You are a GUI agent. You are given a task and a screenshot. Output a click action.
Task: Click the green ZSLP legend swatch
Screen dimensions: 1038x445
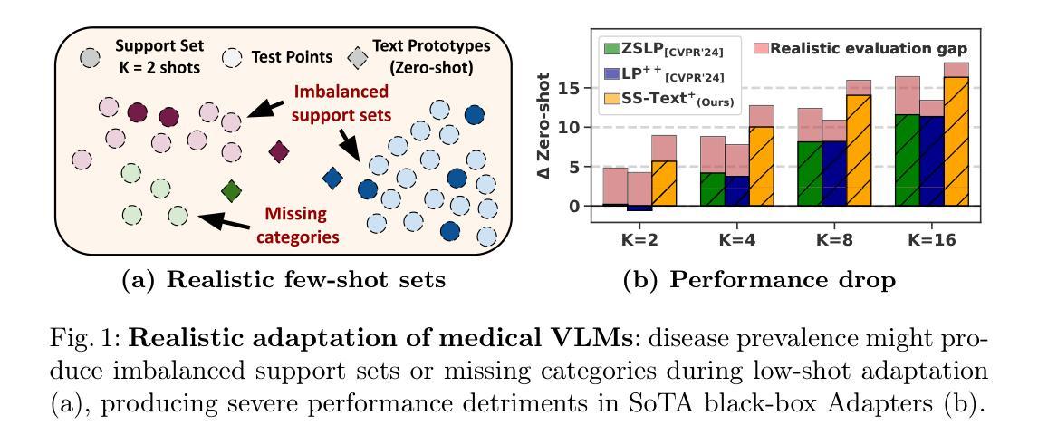pyautogui.click(x=611, y=49)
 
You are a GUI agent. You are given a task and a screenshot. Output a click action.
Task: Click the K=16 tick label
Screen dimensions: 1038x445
pyautogui.click(x=933, y=240)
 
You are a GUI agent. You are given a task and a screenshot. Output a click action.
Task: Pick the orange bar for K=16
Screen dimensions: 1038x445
pyautogui.click(x=956, y=141)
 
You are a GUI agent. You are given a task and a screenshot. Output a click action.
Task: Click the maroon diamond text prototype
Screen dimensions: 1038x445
pyautogui.click(x=279, y=151)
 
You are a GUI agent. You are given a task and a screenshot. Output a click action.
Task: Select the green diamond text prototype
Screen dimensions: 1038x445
pyautogui.click(x=231, y=190)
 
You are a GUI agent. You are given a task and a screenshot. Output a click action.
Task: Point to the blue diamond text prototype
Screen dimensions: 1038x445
pyautogui.click(x=332, y=178)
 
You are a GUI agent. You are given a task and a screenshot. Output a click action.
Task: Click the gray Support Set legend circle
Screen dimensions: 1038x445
pyautogui.click(x=91, y=58)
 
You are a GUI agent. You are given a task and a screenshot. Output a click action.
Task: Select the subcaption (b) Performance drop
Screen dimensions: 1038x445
pyautogui.click(x=760, y=279)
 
